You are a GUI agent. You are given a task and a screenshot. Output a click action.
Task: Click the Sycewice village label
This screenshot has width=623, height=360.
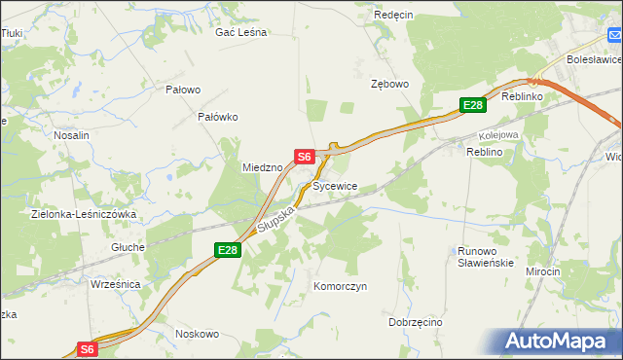(x=335, y=186)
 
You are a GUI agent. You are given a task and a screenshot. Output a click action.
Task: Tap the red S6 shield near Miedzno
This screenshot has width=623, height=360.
(x=304, y=156)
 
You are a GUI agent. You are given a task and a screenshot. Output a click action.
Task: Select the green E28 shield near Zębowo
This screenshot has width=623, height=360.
(x=472, y=105)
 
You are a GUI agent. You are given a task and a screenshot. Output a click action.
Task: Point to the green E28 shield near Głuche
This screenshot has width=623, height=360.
(x=227, y=251)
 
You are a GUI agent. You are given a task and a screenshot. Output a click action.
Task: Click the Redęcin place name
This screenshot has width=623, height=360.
(x=394, y=16)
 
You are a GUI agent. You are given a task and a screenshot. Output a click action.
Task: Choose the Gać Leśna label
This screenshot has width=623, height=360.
(x=240, y=32)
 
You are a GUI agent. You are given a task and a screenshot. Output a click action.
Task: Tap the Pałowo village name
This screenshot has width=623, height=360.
(x=183, y=90)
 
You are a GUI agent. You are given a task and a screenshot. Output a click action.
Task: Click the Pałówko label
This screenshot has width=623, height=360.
(x=218, y=117)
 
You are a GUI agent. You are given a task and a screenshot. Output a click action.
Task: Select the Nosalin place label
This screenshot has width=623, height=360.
(x=71, y=136)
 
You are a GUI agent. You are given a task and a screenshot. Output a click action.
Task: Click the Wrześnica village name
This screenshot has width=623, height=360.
(x=115, y=284)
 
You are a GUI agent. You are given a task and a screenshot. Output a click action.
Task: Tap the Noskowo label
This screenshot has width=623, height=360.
(x=197, y=334)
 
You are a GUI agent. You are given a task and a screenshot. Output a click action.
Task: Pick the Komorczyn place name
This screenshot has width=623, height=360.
(x=340, y=287)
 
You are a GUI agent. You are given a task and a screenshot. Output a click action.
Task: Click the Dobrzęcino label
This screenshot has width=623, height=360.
(x=415, y=322)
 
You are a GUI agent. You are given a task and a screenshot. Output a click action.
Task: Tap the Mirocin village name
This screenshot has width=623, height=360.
(x=542, y=271)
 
